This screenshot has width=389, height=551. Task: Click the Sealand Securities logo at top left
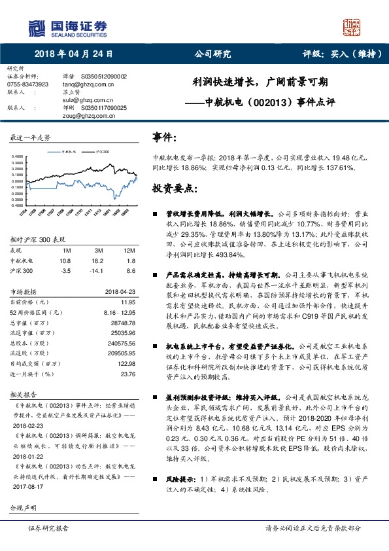pos(65,27)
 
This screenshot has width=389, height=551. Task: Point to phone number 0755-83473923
pos(28,85)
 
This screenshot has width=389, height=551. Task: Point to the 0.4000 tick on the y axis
pos(18,156)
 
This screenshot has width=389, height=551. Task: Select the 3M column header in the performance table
pos(99,251)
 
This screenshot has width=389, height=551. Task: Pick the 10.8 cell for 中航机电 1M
pos(65,260)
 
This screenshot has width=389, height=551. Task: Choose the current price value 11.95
pos(127,302)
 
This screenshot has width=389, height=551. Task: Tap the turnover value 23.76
pos(127,374)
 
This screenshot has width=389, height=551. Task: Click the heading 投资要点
pos(173,188)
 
